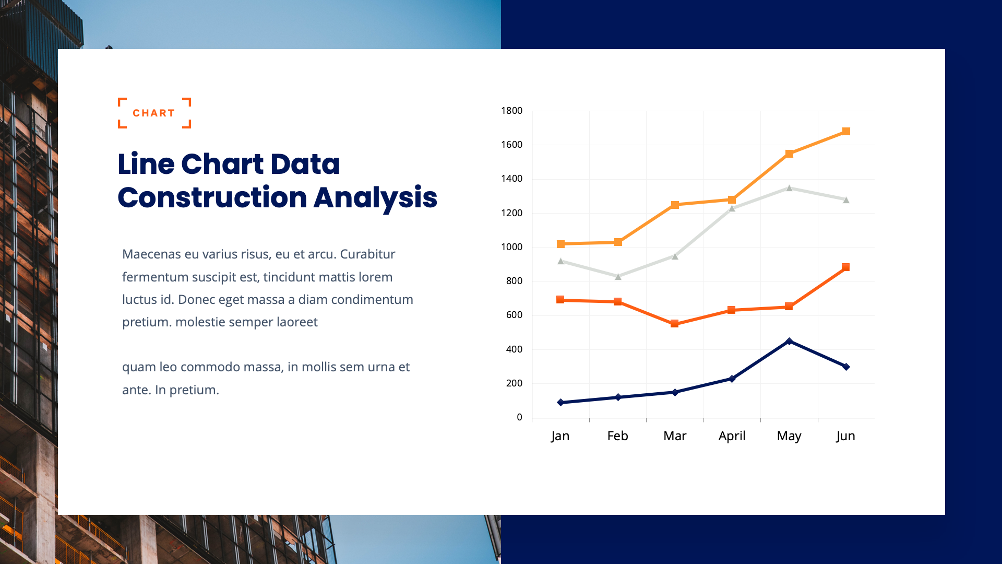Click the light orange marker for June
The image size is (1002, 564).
(846, 132)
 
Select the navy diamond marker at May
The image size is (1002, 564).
(789, 342)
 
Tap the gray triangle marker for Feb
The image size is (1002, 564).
(618, 277)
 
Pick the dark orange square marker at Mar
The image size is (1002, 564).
(674, 324)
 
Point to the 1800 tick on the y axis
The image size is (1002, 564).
(511, 111)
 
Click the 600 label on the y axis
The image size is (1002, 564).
(514, 315)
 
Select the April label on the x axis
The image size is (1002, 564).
(732, 436)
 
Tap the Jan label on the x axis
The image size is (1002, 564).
(560, 436)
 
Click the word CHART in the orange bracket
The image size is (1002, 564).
(154, 113)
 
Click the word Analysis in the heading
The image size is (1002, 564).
(375, 198)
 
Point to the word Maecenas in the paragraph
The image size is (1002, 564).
(151, 254)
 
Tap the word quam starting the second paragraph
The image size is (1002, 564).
(138, 367)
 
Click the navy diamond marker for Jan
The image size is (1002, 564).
(560, 403)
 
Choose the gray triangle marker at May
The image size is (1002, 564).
(789, 188)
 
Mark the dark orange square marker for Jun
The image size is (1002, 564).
(845, 267)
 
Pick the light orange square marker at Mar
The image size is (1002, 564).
(675, 205)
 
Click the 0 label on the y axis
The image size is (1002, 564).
(519, 417)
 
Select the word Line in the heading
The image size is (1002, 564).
(146, 164)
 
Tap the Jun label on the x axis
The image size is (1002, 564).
(845, 436)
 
